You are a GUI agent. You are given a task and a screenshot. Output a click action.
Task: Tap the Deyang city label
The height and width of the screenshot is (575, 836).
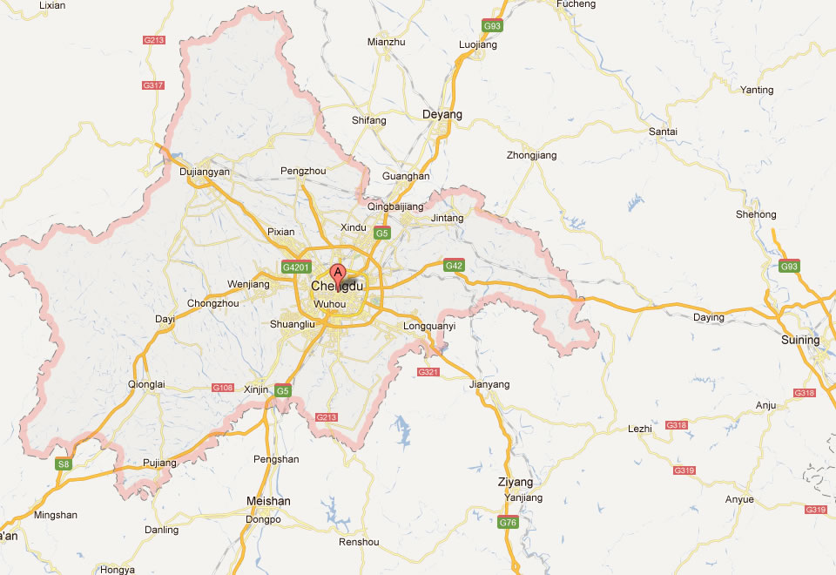point(442,114)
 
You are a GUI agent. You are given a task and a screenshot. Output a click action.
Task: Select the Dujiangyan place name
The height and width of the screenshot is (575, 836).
point(204,172)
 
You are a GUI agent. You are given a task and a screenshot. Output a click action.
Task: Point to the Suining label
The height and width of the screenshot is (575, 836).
point(800,340)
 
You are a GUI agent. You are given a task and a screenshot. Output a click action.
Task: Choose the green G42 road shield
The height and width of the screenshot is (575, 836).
point(454,265)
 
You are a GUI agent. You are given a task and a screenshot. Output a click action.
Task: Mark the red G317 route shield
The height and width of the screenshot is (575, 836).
point(153,85)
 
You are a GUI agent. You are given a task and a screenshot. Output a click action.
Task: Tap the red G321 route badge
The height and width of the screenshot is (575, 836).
point(428,372)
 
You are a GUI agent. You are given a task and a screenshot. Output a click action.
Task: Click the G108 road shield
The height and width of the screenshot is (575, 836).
point(222,387)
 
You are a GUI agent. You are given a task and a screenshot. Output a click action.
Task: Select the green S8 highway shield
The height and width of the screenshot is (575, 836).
point(63,464)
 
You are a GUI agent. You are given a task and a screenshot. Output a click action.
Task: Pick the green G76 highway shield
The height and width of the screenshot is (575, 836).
point(508,524)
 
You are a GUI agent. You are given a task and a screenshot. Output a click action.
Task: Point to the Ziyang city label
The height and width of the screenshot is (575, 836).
point(515,482)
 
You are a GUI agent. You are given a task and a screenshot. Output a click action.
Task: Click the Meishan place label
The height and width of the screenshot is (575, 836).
point(269,501)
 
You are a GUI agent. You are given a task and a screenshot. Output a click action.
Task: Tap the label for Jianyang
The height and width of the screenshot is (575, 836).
point(489,384)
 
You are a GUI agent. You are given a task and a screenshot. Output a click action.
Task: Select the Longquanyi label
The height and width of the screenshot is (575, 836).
point(430,327)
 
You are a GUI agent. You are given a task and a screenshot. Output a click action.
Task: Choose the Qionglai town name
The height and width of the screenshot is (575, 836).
point(145,384)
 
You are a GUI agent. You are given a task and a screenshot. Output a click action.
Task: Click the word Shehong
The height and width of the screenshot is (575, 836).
point(756,214)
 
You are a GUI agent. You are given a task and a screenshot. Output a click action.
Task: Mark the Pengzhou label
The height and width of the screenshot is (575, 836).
point(304,171)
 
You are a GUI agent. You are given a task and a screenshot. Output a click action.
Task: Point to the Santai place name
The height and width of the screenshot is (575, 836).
point(664,132)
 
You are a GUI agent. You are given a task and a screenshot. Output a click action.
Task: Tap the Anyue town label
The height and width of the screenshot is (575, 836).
point(739,499)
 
